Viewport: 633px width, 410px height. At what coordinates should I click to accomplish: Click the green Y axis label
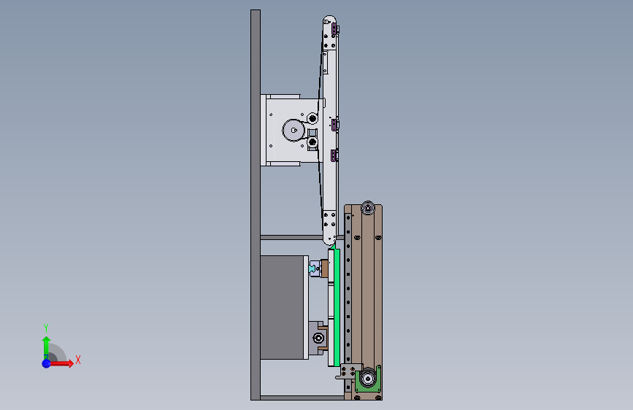46,328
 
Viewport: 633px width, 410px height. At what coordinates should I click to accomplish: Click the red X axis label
78,360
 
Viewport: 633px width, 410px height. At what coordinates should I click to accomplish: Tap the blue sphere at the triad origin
47,363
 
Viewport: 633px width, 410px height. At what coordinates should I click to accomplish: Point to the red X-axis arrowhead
70,363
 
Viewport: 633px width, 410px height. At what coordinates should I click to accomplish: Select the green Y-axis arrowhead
47,341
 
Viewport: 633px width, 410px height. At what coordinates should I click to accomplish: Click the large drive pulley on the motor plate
294,131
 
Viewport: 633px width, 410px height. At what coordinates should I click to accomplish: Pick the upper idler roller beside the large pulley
312,119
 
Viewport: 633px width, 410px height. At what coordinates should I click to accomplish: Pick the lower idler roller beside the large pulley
312,142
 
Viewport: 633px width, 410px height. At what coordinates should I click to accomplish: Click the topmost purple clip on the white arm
334,29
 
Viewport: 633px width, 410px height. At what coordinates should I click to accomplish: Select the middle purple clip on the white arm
334,125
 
